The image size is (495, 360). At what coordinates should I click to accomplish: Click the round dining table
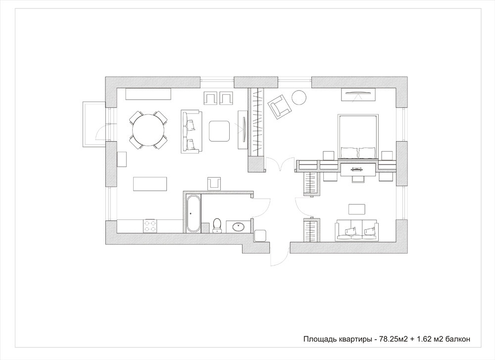pyautogui.click(x=148, y=130)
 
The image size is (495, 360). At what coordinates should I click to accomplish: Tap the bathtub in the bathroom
pyautogui.click(x=193, y=214)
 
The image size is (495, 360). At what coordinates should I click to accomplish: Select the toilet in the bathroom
pyautogui.click(x=217, y=225)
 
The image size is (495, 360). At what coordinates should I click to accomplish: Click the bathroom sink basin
pyautogui.click(x=238, y=226)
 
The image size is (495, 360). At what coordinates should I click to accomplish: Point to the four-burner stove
pyautogui.click(x=150, y=226)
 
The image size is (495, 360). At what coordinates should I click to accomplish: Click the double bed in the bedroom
pyautogui.click(x=358, y=136)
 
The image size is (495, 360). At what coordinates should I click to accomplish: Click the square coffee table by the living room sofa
pyautogui.click(x=219, y=131)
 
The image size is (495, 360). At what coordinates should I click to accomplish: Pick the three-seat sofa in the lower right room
pyautogui.click(x=357, y=231)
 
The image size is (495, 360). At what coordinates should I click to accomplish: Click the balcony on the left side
pyautogui.click(x=94, y=124)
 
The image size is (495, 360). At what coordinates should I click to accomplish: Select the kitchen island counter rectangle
pyautogui.click(x=150, y=184)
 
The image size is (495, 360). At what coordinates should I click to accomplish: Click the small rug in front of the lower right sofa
pyautogui.click(x=357, y=209)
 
